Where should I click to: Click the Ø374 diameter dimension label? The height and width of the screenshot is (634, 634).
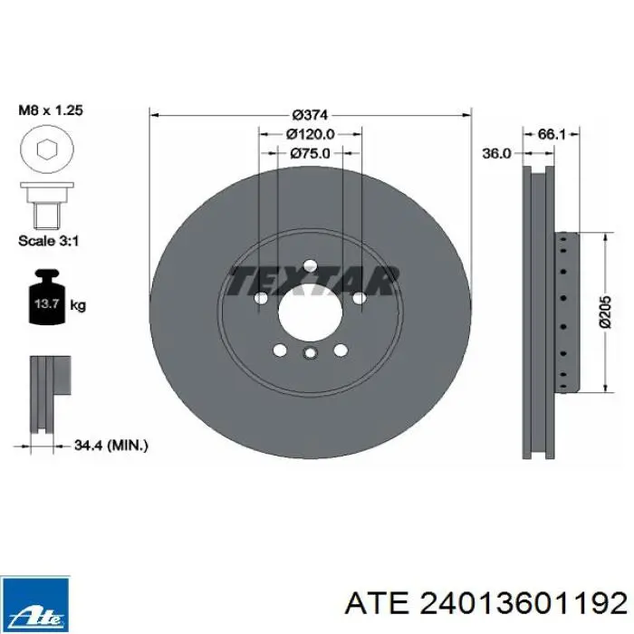310,115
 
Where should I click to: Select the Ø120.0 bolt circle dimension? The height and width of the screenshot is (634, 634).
311,134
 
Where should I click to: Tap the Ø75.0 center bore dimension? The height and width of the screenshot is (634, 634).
310,153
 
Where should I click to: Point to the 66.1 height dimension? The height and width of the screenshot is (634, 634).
552,134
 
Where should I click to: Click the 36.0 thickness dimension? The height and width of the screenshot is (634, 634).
497,154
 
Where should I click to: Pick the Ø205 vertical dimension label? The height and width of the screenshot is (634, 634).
605,312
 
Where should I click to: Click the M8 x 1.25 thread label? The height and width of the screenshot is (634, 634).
51,110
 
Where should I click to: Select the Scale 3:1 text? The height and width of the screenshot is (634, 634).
49,241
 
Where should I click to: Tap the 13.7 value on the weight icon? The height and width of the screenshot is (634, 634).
47,303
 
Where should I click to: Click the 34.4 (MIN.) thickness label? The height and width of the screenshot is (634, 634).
111,446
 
